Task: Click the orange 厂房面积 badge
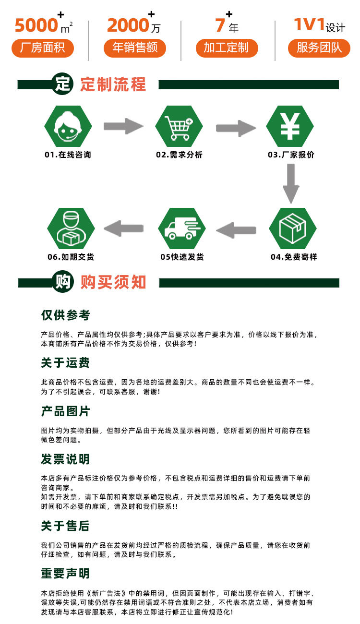pyautogui.click(x=43, y=48)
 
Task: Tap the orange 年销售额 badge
pyautogui.click(x=135, y=48)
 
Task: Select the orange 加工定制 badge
pyautogui.click(x=227, y=48)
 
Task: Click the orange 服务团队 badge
pyautogui.click(x=319, y=48)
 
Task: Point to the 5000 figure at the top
pyautogui.click(x=36, y=25)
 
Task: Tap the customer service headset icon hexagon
pyautogui.click(x=68, y=126)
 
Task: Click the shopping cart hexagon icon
pyautogui.click(x=179, y=126)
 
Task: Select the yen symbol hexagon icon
pyautogui.click(x=290, y=126)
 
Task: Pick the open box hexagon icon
pyautogui.click(x=293, y=228)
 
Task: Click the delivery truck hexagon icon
pyautogui.click(x=182, y=228)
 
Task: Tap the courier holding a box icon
pyautogui.click(x=71, y=228)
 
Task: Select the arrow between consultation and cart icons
pyautogui.click(x=123, y=126)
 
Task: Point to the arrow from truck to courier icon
pyautogui.click(x=124, y=228)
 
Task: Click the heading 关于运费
pyautogui.click(x=65, y=363)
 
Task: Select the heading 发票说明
pyautogui.click(x=65, y=459)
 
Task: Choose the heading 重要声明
pyautogui.click(x=65, y=574)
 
